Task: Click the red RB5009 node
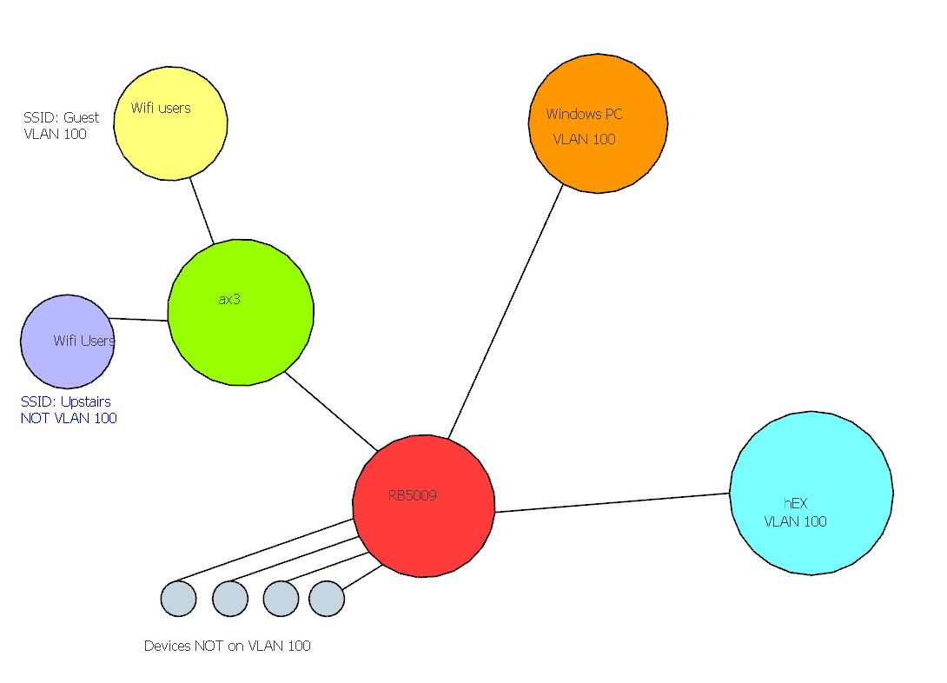point(423,506)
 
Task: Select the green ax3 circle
point(240,312)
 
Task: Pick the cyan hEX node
point(811,492)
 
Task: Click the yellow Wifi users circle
point(170,123)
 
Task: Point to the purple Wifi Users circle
point(67,341)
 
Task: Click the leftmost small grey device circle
point(178,599)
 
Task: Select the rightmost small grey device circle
point(327,599)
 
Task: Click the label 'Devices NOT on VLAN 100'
point(227,646)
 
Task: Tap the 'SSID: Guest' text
point(61,117)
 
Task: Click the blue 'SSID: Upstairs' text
point(65,402)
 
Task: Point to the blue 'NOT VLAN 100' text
point(68,418)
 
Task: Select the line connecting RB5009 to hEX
point(612,502)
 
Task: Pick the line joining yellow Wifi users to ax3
point(202,209)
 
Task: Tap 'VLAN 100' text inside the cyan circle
point(795,521)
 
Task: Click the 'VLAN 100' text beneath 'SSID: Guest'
point(55,134)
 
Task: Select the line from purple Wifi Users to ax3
point(140,319)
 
